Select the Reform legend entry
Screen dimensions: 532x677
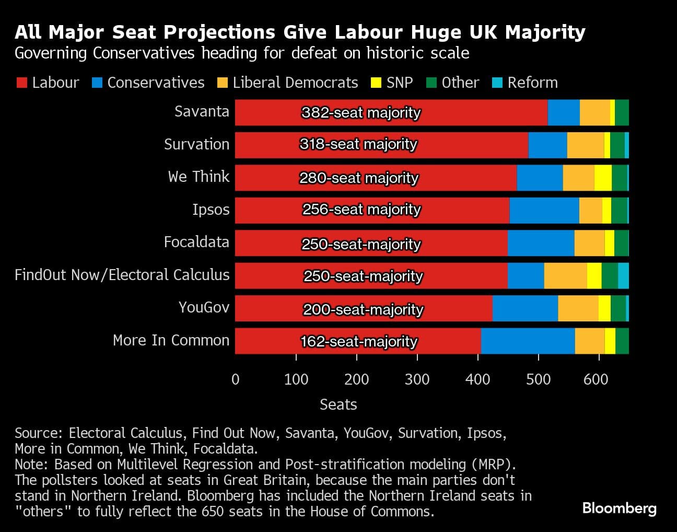[525, 83]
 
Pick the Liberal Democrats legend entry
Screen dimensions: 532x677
[288, 83]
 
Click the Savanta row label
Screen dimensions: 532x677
[202, 111]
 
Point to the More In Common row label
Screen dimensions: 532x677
[171, 340]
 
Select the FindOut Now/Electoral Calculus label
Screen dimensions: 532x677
[122, 275]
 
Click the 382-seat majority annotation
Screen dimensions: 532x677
[361, 112]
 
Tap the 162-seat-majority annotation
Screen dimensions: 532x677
[359, 341]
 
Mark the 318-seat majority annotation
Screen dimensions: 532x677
[358, 144]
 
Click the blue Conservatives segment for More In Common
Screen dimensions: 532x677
[528, 341]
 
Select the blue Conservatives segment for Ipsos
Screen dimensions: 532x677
[544, 210]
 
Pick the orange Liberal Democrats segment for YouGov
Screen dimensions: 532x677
[578, 308]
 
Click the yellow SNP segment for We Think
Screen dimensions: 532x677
[603, 178]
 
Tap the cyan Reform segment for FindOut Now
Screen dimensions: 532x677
[623, 275]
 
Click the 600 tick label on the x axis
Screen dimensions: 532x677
[596, 379]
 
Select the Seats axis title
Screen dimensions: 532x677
[338, 404]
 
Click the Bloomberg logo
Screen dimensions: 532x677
[619, 508]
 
